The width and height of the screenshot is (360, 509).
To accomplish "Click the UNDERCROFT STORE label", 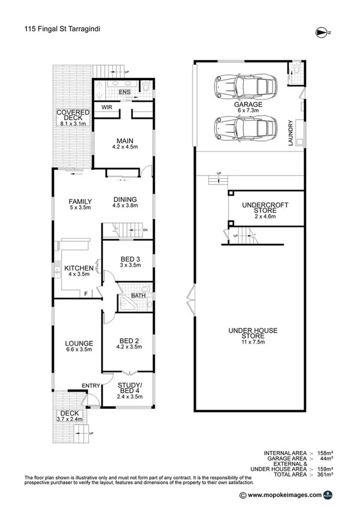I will (265, 209).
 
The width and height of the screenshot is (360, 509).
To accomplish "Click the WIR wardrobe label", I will (108, 108).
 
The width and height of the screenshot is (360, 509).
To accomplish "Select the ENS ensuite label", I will (124, 92).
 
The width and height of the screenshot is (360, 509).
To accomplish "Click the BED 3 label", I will (126, 259).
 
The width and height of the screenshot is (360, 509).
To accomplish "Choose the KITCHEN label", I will (79, 268).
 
